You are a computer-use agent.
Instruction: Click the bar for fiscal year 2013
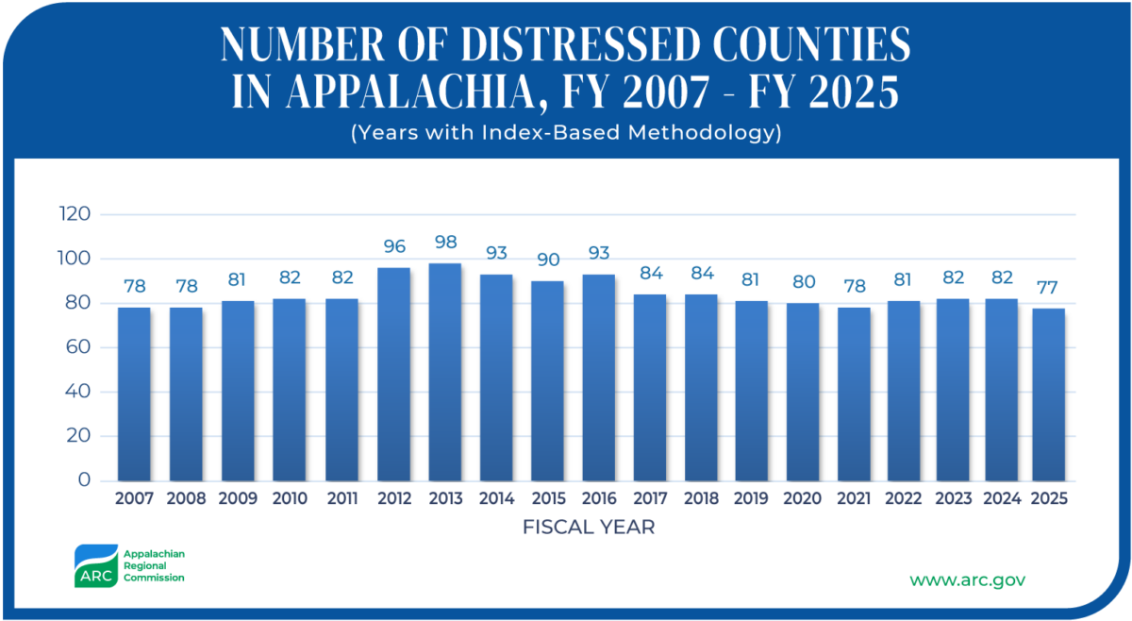point(445,372)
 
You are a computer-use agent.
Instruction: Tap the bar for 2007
point(134,394)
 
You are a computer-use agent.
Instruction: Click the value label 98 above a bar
point(445,243)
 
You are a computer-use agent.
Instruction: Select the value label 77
point(1049,288)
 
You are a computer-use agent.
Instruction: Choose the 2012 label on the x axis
point(393,499)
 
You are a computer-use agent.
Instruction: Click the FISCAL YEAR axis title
point(588,528)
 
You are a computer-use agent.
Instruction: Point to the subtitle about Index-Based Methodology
point(566,133)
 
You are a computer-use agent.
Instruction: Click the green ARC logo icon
point(95,566)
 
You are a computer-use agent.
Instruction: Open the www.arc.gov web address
point(967,579)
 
